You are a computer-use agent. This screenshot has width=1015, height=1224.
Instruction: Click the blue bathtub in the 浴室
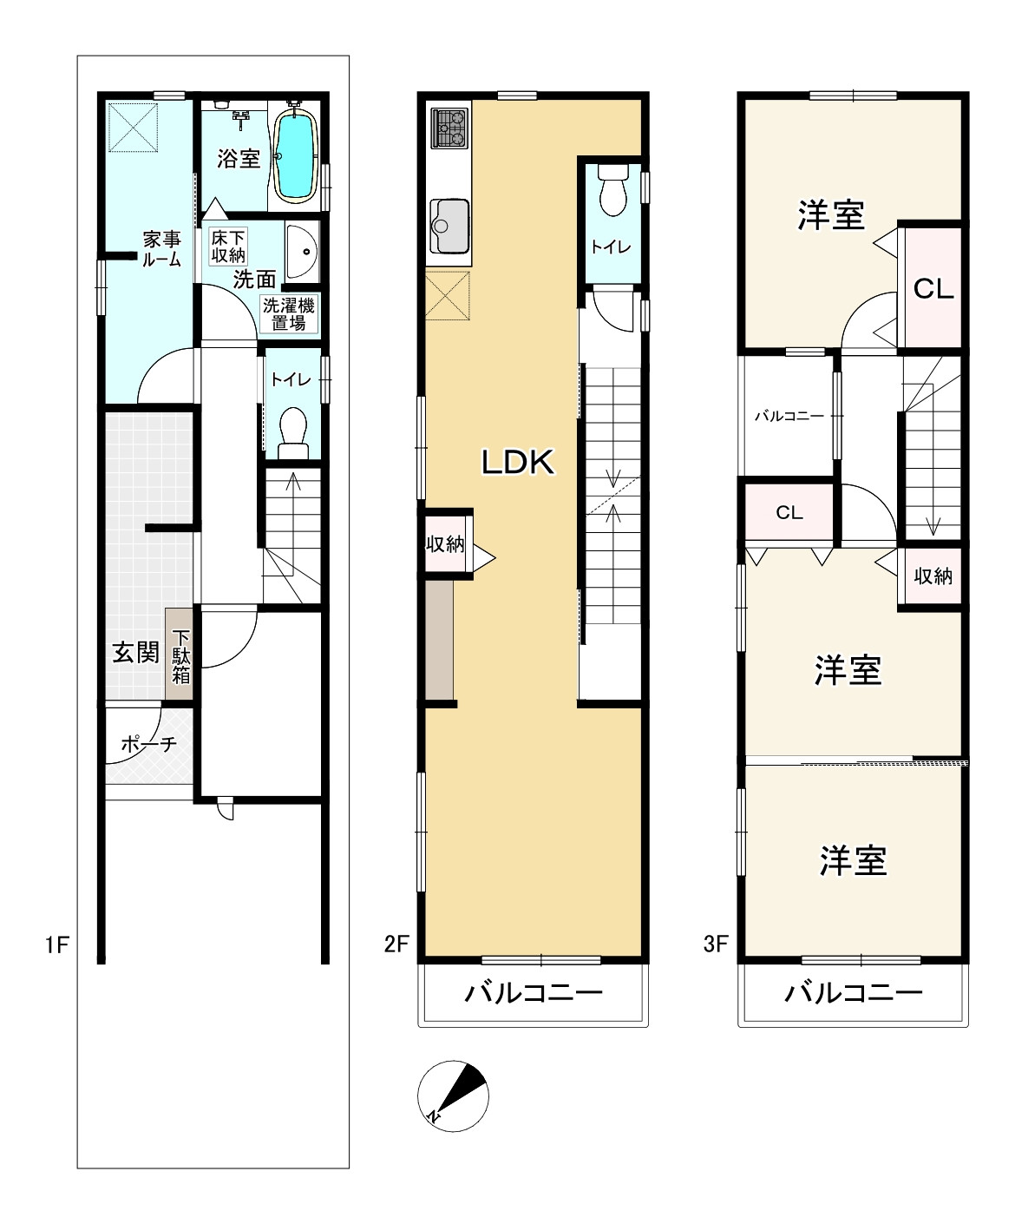297,156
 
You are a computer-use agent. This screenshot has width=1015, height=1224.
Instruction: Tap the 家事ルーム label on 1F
162,249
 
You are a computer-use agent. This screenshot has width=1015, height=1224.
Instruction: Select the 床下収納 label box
228,247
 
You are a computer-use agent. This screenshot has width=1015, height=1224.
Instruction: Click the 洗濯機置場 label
289,314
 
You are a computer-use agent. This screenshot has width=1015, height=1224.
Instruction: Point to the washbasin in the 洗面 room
302,252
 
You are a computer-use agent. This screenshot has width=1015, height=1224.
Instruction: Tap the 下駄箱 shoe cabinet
180,654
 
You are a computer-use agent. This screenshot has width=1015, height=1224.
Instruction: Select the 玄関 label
136,652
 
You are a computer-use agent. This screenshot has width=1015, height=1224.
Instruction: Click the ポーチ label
149,745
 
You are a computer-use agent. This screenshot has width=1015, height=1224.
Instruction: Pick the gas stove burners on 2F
450,128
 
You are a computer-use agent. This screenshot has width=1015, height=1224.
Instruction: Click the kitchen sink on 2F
449,226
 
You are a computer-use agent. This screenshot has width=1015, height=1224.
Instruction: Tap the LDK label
518,462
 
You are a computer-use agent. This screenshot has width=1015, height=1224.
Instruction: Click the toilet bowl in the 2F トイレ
613,190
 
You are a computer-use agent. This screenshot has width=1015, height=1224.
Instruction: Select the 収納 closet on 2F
445,544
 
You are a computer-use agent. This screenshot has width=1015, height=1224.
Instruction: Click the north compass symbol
453,1096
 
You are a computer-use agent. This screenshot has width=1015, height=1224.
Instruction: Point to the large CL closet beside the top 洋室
933,288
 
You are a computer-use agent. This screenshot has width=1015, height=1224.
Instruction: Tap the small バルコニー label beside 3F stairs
789,416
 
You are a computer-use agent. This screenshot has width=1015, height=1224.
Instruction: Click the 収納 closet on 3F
933,576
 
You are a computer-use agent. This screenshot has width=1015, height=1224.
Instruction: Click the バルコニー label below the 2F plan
534,993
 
